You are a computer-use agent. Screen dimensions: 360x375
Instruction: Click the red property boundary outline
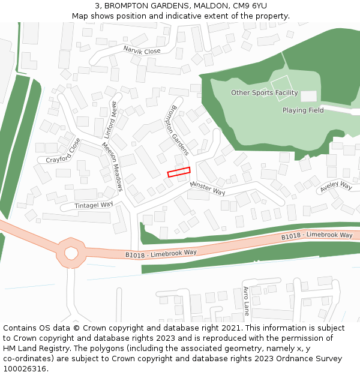coord(178,172)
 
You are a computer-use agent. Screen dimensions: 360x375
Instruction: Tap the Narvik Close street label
coord(142,51)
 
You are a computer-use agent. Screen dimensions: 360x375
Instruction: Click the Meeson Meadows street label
coord(112,167)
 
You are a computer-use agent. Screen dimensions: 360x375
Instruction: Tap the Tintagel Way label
coord(94,205)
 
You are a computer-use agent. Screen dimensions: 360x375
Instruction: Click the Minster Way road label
coord(208,188)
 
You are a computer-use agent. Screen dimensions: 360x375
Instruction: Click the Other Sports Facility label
coord(264,93)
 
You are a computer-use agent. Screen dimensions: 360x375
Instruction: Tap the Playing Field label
coord(303,110)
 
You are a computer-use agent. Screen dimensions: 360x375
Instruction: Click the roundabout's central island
coord(71,253)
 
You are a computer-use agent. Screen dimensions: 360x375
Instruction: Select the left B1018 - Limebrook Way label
coord(161,254)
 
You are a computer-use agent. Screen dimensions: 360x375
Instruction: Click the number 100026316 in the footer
coord(24,369)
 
